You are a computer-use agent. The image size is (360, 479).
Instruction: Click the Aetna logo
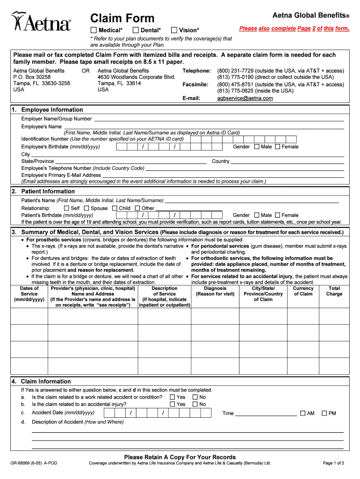pyautogui.click(x=41, y=22)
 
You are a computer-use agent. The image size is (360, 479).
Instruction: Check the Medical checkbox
pyautogui.click(x=94, y=30)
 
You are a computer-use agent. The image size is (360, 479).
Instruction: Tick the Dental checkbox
pyautogui.click(x=136, y=30)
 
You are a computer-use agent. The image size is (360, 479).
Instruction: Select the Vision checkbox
pyautogui.click(x=175, y=30)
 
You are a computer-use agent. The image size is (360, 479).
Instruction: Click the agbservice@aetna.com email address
pyautogui.click(x=245, y=98)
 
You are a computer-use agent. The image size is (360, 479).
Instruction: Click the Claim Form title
pyautogui.click(x=122, y=18)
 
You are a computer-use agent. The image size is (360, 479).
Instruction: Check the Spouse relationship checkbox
pyautogui.click(x=86, y=208)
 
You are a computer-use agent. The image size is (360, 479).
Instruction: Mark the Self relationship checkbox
pyautogui.click(x=66, y=208)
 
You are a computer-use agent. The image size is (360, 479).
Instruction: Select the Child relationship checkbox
pyautogui.click(x=115, y=208)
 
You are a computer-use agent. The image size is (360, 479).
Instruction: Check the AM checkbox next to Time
pyautogui.click(x=302, y=413)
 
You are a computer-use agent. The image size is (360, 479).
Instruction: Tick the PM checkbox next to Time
pyautogui.click(x=324, y=413)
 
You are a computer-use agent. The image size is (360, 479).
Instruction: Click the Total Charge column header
pyautogui.click(x=334, y=291)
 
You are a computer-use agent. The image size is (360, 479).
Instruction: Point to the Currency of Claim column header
pyautogui.click(x=303, y=291)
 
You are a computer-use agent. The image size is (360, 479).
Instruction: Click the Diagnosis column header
pyautogui.click(x=215, y=291)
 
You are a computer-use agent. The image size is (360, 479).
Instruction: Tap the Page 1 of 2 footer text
pyautogui.click(x=333, y=464)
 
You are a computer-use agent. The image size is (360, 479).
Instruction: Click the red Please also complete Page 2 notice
pyautogui.click(x=294, y=29)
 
